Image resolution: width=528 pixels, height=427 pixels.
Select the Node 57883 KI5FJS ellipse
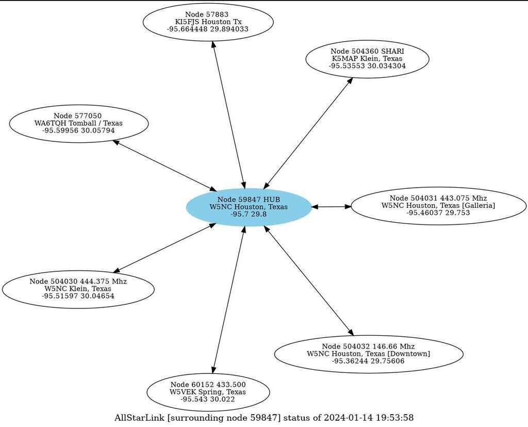[x=208, y=22]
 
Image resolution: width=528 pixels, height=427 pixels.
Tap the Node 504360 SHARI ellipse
[x=367, y=59]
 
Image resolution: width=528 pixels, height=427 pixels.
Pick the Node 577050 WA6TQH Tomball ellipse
[x=78, y=123]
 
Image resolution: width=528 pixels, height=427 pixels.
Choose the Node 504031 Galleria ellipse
[x=438, y=206]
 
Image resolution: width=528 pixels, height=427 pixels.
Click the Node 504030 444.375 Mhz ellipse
[x=78, y=289]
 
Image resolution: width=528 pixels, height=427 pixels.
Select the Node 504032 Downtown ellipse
[x=368, y=354]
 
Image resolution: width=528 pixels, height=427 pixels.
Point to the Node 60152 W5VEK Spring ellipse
[x=208, y=392]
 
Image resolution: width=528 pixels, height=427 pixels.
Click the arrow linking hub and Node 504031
[x=331, y=207]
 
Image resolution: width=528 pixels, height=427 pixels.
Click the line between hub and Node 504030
[x=164, y=248]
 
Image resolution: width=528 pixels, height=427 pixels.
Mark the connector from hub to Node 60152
[x=228, y=299]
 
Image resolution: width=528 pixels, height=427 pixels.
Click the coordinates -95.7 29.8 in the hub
[x=249, y=214]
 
